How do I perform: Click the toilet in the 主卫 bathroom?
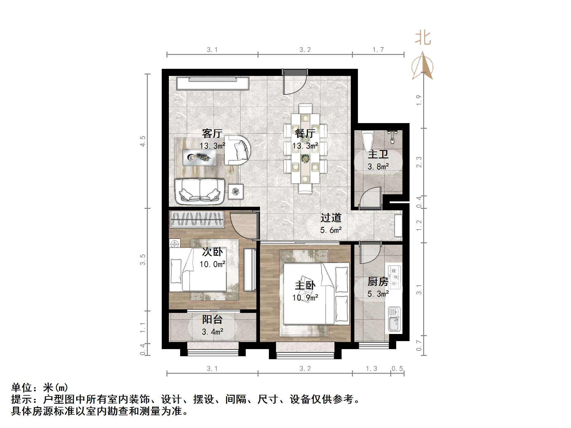tap(367, 142)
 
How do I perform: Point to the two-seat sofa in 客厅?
tap(199, 191)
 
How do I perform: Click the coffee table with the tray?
tap(199, 157)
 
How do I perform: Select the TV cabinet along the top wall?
tap(212, 83)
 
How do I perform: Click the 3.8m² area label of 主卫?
tap(378, 167)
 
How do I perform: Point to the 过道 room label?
tap(331, 218)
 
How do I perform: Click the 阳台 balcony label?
tap(212, 319)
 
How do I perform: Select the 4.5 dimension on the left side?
tap(143, 141)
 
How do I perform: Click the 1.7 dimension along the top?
tap(378, 50)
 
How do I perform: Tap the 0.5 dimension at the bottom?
tap(397, 369)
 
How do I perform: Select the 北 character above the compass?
tap(423, 39)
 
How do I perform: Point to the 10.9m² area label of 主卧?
tap(305, 297)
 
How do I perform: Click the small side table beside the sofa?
tap(236, 191)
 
